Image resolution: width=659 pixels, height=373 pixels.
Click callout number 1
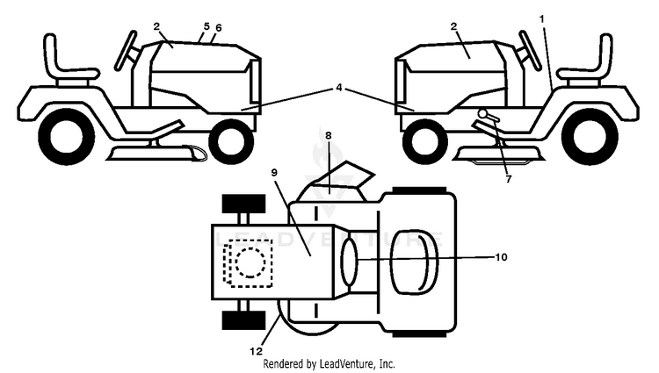(x=542, y=19)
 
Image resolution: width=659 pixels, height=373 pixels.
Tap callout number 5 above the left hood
(x=206, y=26)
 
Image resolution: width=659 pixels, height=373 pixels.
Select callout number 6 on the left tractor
(x=218, y=28)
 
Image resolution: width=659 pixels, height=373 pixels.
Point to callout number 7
(x=509, y=179)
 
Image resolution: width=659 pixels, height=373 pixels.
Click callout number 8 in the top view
(x=329, y=135)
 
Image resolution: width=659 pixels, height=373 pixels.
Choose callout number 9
(x=274, y=173)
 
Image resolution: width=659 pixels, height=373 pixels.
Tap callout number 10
(x=501, y=257)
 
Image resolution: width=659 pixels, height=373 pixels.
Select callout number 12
(x=256, y=351)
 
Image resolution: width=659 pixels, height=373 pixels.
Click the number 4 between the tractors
(x=339, y=88)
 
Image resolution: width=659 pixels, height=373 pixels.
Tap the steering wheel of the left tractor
(x=126, y=49)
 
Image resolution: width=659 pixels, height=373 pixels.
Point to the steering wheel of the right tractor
(x=530, y=49)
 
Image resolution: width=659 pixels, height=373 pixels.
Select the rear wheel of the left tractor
(x=67, y=136)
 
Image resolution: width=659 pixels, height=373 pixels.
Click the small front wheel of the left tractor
(x=231, y=141)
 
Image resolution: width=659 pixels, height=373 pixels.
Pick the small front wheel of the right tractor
(x=425, y=141)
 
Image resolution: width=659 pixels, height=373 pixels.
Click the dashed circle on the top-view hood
(x=250, y=262)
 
